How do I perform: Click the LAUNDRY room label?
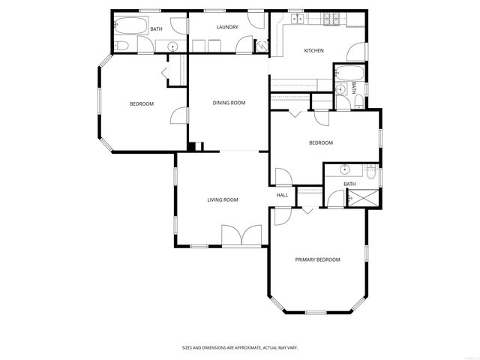[226, 28]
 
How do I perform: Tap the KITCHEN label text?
[313, 50]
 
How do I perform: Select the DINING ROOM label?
[229, 103]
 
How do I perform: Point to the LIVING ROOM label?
[223, 199]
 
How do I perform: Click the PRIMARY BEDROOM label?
[317, 259]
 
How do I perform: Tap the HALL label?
[282, 195]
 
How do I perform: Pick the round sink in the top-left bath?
[173, 46]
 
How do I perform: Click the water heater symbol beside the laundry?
[261, 45]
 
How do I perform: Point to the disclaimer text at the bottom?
[240, 348]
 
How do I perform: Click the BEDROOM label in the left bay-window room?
[142, 103]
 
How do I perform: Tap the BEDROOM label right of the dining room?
[321, 142]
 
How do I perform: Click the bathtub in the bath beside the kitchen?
[349, 73]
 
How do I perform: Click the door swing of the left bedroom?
[178, 116]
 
